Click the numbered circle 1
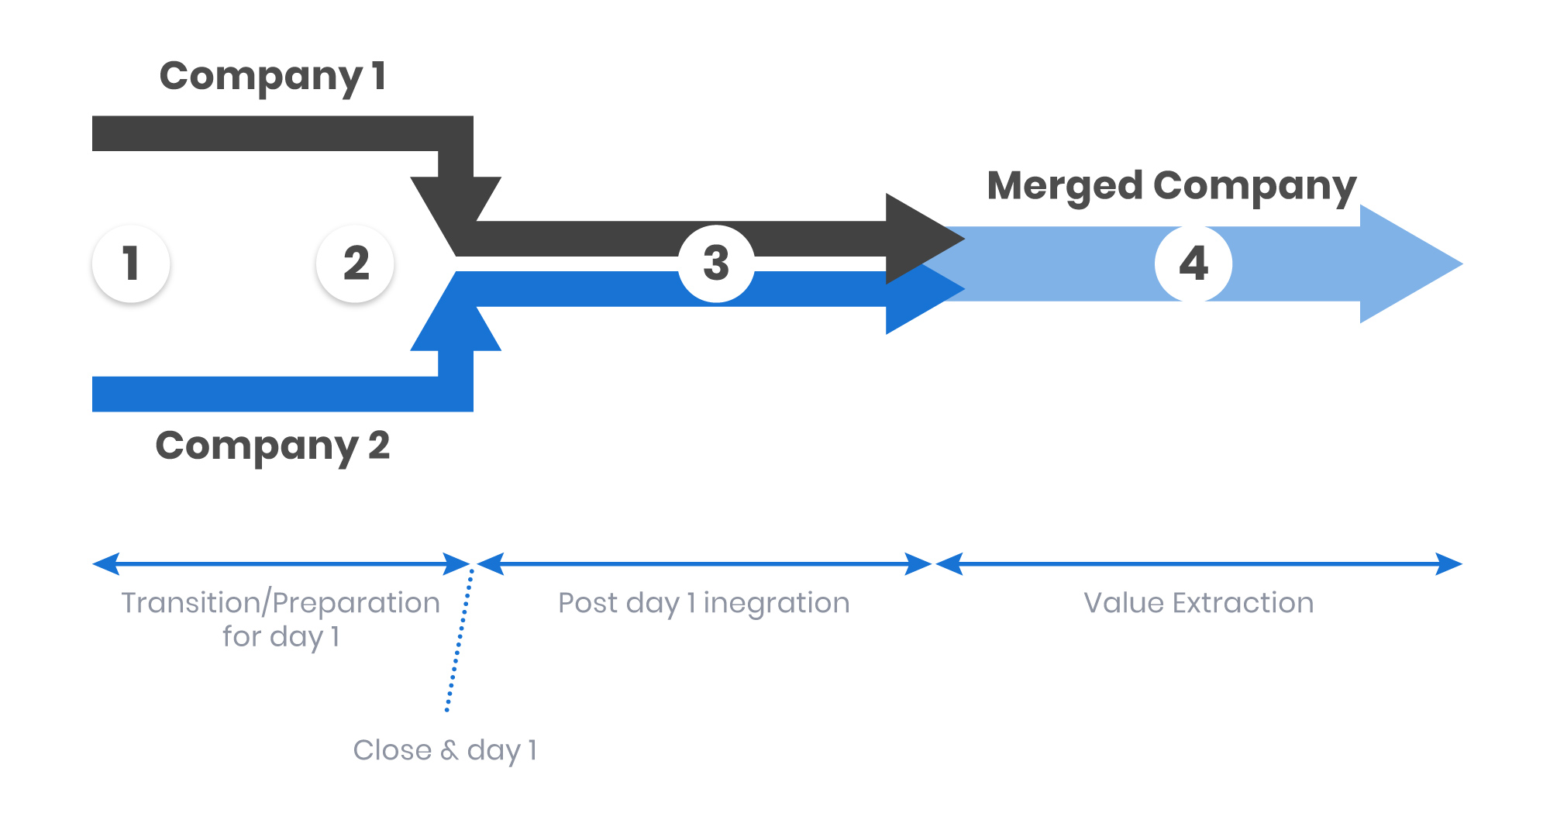click(x=131, y=263)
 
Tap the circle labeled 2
click(x=356, y=263)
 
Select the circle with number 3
click(x=716, y=263)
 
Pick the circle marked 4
click(x=1193, y=263)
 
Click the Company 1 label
click(x=272, y=77)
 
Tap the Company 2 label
click(x=272, y=446)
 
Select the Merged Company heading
click(x=1171, y=187)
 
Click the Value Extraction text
click(x=1198, y=603)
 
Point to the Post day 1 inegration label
click(x=704, y=603)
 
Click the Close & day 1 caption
click(x=445, y=750)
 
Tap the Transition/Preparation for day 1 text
click(x=281, y=618)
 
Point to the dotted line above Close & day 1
click(x=460, y=639)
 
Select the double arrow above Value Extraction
click(x=1198, y=564)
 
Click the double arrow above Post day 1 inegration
click(x=704, y=564)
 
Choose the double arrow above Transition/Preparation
click(x=281, y=564)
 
